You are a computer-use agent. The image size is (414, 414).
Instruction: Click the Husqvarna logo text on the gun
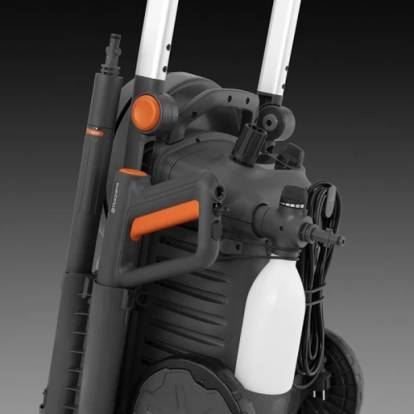(117, 195)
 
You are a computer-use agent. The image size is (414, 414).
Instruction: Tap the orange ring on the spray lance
(94, 130)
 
